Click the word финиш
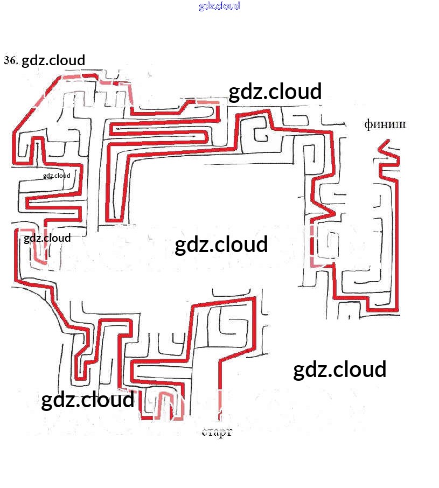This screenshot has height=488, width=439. [385, 125]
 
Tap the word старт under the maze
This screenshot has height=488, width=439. [217, 432]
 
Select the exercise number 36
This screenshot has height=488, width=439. [11, 60]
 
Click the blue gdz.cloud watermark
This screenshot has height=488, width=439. [219, 6]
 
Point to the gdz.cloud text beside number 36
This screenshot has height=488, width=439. [53, 60]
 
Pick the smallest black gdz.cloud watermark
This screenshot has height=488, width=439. [57, 175]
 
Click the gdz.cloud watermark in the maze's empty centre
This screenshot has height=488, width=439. [221, 245]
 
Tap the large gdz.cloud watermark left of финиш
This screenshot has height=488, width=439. [275, 92]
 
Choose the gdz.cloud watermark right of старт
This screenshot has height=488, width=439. [339, 370]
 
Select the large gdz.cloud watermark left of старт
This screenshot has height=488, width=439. [87, 400]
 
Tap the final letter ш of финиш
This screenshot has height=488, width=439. [401, 125]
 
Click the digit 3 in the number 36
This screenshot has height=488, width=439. [7, 60]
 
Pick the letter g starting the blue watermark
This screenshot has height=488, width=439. [201, 6]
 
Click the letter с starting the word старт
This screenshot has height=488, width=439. [205, 432]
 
